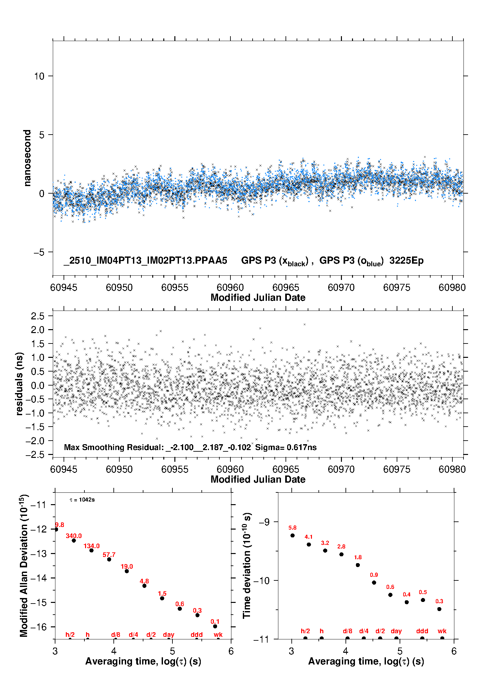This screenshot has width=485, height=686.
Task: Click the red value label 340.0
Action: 74,536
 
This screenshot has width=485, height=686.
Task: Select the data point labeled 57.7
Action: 109,559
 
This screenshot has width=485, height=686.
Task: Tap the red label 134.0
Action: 92,546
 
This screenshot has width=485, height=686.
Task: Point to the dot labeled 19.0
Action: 127,571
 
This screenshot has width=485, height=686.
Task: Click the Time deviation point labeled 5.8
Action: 292,535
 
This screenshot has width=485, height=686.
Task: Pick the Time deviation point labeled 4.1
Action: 309,544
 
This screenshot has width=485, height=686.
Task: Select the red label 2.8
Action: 341,547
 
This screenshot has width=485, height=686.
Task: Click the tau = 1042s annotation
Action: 82,500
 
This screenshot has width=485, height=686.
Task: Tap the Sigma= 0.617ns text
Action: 286,447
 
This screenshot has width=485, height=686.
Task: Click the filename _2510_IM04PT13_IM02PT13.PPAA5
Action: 145,261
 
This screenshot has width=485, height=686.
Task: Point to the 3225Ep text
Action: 406,261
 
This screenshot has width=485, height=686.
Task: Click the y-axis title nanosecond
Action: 27,158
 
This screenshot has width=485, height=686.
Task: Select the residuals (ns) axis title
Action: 20,384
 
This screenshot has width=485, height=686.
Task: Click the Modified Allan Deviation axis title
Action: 23,565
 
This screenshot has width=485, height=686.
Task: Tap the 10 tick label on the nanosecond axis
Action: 39,76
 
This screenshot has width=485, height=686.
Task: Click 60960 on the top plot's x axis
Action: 230,287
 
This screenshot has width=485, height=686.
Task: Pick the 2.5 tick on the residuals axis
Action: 37,316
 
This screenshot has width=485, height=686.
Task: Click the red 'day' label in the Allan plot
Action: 169,635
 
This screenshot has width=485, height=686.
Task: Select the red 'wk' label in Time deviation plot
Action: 442,631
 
